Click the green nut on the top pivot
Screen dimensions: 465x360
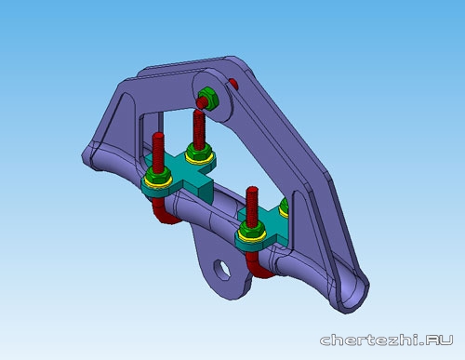click(x=209, y=99)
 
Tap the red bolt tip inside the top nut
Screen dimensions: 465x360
click(x=202, y=103)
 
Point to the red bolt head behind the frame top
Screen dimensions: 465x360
click(x=233, y=84)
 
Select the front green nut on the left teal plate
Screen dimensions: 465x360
click(x=158, y=176)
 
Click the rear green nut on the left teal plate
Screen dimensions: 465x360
click(x=199, y=152)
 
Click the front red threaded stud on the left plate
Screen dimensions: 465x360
click(x=158, y=153)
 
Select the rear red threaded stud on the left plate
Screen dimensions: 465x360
click(x=199, y=129)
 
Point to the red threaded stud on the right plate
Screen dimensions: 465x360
click(x=252, y=207)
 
